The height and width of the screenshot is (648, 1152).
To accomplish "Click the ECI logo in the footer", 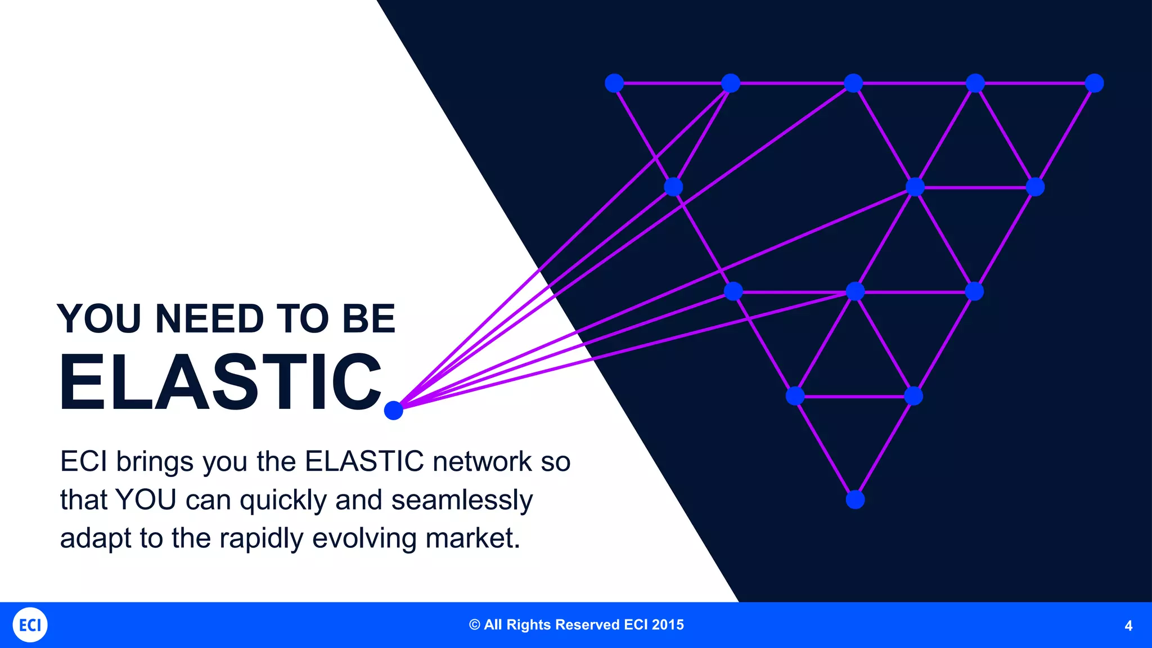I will tap(30, 625).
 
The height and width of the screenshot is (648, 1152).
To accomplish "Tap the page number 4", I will tap(1128, 626).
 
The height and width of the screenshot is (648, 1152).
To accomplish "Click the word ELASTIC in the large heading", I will tap(220, 382).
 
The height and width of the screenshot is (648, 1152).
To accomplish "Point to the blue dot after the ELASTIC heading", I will tap(394, 411).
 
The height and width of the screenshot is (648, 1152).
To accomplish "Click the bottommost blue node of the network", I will tap(855, 499).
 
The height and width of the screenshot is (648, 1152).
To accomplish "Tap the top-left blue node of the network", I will tap(614, 83).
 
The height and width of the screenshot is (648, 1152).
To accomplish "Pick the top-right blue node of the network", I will tap(1094, 83).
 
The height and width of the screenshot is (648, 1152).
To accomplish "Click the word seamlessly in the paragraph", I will tap(462, 500).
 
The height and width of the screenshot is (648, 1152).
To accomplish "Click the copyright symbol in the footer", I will tap(475, 625).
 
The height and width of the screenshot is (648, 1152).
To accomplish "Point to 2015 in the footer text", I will tap(668, 625).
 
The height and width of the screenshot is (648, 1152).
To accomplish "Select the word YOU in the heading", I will tap(99, 319).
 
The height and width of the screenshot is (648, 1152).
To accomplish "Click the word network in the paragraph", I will tap(482, 462).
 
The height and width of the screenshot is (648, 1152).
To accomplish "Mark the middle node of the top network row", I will tap(853, 83).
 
